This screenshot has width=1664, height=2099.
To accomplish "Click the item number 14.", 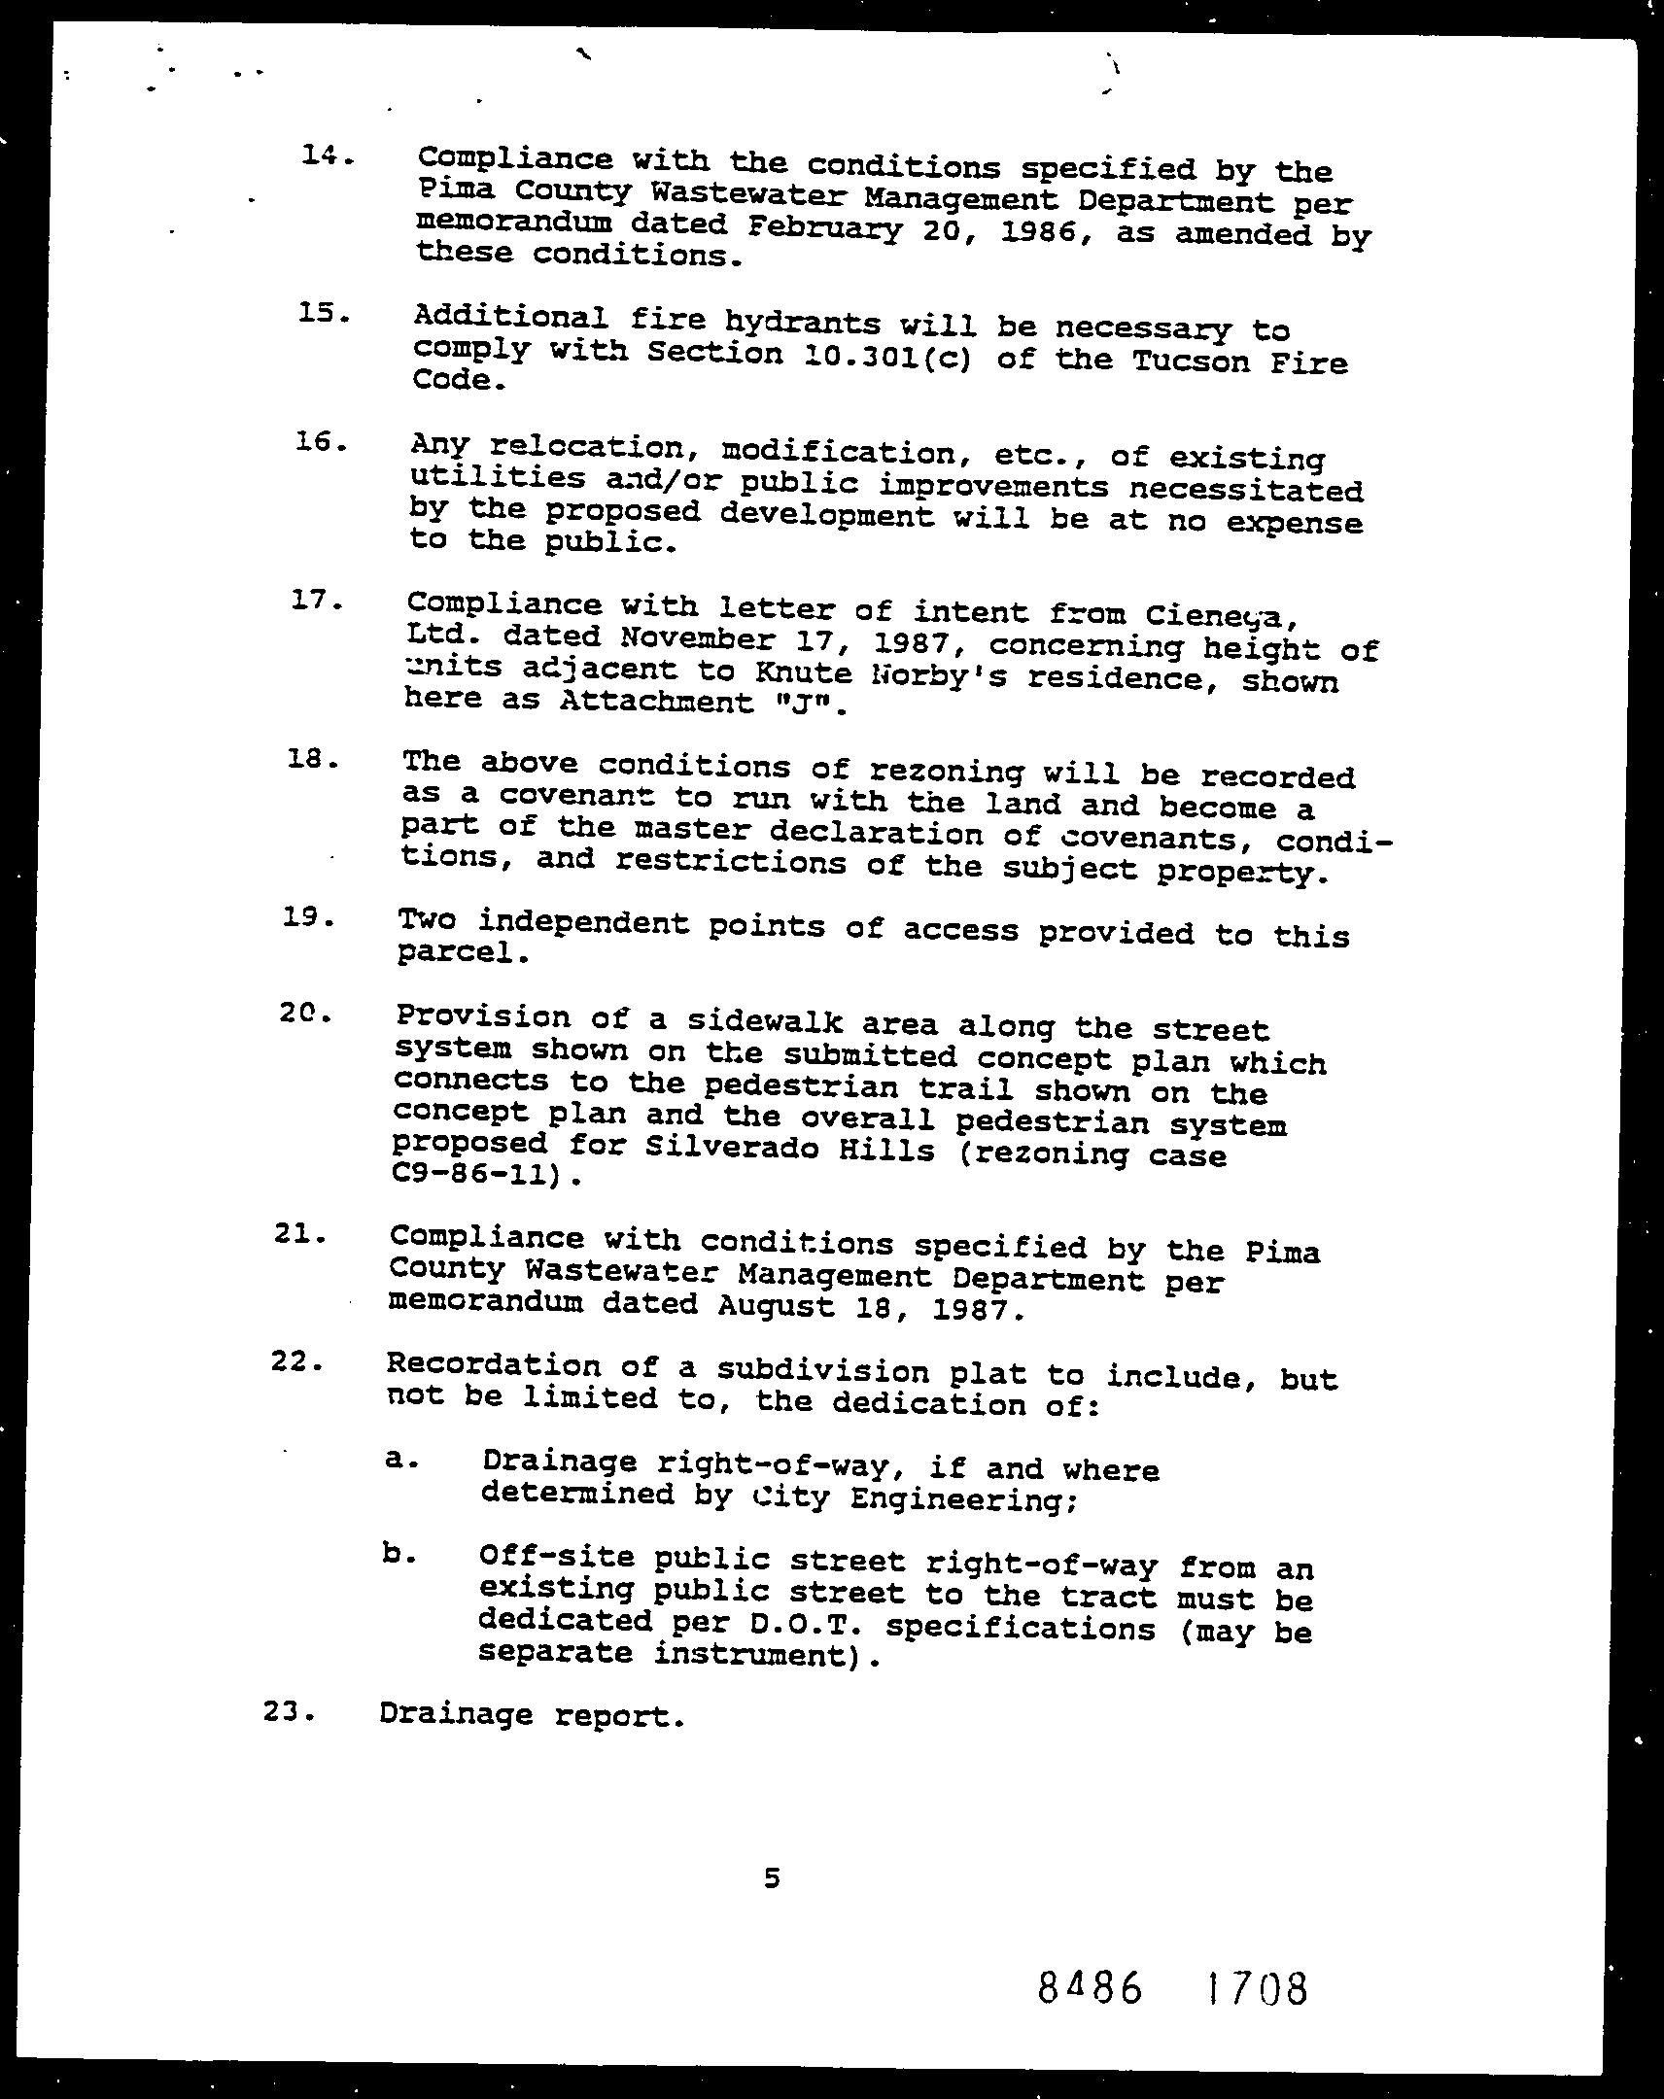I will tap(326, 155).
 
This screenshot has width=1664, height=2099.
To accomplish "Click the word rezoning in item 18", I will tap(945, 771).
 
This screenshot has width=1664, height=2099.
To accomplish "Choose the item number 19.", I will tap(309, 917).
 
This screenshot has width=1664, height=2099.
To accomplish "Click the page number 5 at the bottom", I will tap(772, 1878).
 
